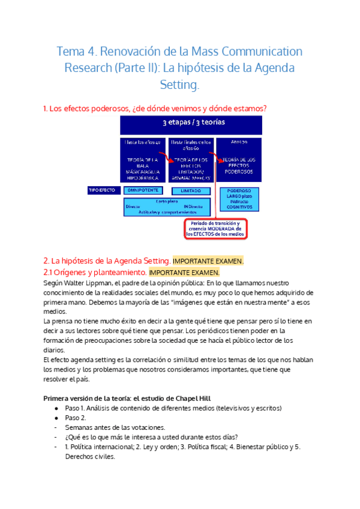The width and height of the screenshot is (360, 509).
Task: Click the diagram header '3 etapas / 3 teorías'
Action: pyautogui.click(x=191, y=124)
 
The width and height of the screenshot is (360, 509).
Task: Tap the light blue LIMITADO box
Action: pyautogui.click(x=190, y=190)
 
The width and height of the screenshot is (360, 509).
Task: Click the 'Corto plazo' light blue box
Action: pyautogui.click(x=167, y=206)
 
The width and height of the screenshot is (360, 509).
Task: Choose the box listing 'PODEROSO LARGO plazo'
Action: pyautogui.click(x=239, y=199)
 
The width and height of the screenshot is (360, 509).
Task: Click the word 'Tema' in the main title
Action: pyautogui.click(x=71, y=51)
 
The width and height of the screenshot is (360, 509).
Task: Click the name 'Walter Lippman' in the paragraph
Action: pyautogui.click(x=87, y=283)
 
